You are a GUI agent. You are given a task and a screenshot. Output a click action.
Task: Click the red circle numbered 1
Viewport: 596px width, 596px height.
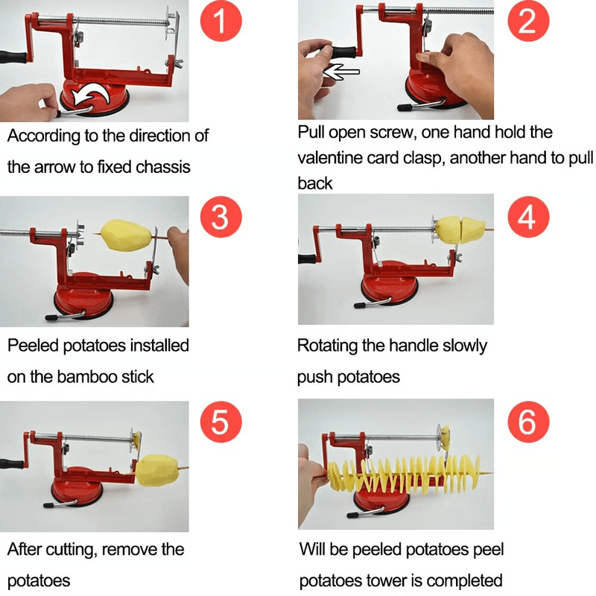pyautogui.click(x=221, y=25)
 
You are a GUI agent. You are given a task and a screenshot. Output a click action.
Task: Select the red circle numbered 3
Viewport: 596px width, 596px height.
pyautogui.click(x=221, y=218)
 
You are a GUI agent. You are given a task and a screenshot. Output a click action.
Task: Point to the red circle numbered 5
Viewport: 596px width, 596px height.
pyautogui.click(x=221, y=422)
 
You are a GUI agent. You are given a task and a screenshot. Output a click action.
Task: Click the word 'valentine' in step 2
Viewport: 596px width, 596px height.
pyautogui.click(x=329, y=158)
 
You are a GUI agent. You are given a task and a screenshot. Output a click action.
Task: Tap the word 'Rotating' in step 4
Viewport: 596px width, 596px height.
pyautogui.click(x=329, y=346)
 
